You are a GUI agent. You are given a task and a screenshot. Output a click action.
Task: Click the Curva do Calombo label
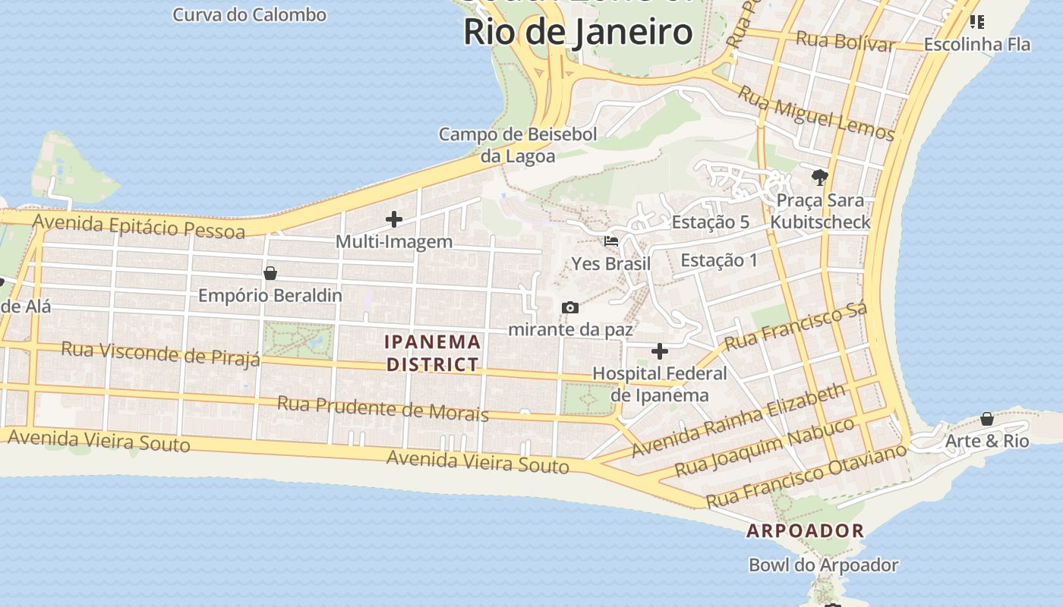[249, 14]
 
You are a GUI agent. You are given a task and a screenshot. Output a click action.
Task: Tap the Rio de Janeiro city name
[578, 32]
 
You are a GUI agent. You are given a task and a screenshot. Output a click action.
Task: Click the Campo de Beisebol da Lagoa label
[518, 145]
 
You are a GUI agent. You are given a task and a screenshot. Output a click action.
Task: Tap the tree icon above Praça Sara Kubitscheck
[819, 178]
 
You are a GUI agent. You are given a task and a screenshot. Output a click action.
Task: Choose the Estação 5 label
[711, 222]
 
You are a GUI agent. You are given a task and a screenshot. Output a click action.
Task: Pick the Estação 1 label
[718, 260]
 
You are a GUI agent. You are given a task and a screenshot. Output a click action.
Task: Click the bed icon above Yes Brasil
[610, 241]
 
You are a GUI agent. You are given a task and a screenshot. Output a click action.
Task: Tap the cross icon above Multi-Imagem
[393, 219]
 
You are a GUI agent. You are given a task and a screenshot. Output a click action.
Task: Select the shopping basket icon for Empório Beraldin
[270, 273]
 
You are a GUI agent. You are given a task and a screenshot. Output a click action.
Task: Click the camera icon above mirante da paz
[569, 307]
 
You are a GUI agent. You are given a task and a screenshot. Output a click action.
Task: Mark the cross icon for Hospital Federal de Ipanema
[659, 351]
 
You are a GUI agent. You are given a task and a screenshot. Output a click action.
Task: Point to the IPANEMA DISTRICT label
[433, 353]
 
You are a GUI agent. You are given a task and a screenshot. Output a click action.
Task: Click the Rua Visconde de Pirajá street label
[160, 353]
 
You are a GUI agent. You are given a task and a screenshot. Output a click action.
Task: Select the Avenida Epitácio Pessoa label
[139, 226]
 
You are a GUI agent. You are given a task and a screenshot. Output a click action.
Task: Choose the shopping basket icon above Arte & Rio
[986, 419]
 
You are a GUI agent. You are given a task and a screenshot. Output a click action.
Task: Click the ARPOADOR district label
[805, 530]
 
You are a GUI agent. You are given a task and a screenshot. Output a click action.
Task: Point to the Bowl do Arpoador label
[823, 565]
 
